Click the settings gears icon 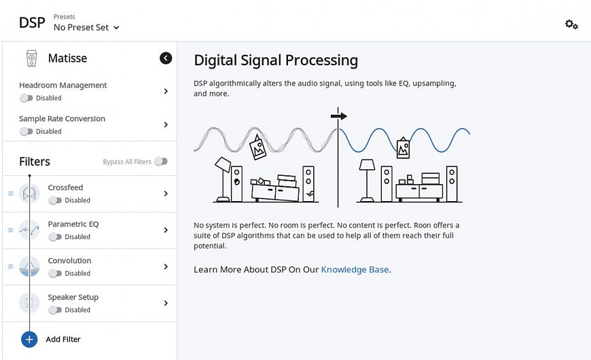(571, 24)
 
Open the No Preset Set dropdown (86, 28)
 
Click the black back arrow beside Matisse (166, 58)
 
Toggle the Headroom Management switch (26, 98)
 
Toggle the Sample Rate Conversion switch (26, 132)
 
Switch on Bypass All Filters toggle (161, 162)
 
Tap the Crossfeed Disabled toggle (55, 200)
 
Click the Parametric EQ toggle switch (55, 237)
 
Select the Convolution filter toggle (55, 274)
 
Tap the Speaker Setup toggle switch (55, 310)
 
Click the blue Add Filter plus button (29, 339)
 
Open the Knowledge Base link (355, 270)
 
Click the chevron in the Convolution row (166, 266)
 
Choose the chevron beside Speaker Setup (166, 303)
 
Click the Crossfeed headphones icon (29, 194)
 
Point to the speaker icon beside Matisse (32, 58)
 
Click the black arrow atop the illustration (338, 115)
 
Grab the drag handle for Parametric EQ (11, 230)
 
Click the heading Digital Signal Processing (276, 60)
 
